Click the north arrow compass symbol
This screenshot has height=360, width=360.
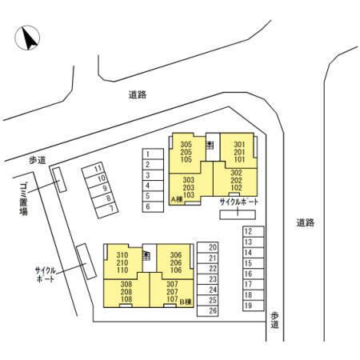pyautogui.click(x=27, y=38)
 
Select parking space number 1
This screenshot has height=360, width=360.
pyautogui.click(x=153, y=154)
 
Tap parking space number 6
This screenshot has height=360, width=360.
pyautogui.click(x=153, y=207)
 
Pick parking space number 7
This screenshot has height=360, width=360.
pyautogui.click(x=106, y=210)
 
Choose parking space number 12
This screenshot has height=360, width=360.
pyautogui.click(x=254, y=231)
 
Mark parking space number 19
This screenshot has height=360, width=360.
pyautogui.click(x=254, y=306)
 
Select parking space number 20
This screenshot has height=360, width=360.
pyautogui.click(x=208, y=247)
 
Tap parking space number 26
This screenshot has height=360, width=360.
pyautogui.click(x=208, y=311)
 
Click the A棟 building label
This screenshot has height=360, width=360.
pyautogui.click(x=177, y=199)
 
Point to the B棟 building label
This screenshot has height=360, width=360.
pyautogui.click(x=186, y=302)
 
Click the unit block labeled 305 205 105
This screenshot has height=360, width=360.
pyautogui.click(x=186, y=152)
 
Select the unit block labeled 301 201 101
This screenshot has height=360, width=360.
pyautogui.click(x=239, y=152)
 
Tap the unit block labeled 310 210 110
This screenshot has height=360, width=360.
pyautogui.click(x=122, y=262)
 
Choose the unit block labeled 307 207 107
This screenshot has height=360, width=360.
pyautogui.click(x=172, y=292)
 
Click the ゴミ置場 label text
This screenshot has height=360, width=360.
pyautogui.click(x=23, y=198)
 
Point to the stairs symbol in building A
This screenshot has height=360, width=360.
pyautogui.click(x=210, y=145)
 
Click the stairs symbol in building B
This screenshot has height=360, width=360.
pyautogui.click(x=146, y=256)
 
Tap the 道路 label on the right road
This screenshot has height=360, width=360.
pyautogui.click(x=306, y=222)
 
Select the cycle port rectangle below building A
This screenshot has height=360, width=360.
pyautogui.click(x=238, y=214)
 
